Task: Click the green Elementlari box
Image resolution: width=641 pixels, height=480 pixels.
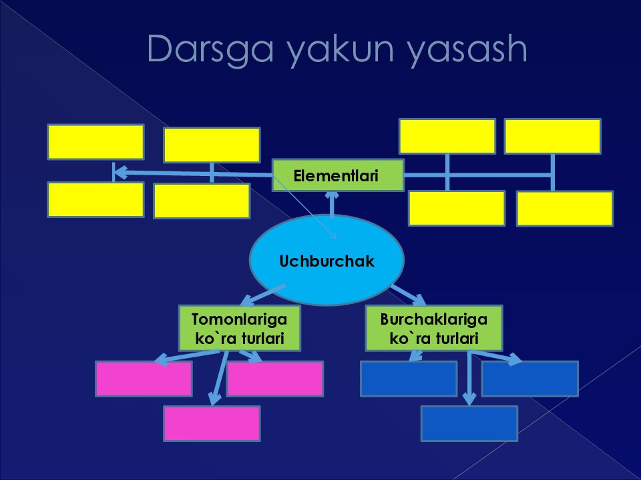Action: (338, 175)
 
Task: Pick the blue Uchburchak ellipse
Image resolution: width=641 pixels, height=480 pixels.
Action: (327, 260)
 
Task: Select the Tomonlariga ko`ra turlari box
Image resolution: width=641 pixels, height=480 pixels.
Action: (239, 328)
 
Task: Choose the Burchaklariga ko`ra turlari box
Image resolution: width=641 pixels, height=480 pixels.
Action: (434, 328)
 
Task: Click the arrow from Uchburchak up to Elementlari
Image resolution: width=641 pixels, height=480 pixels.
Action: (333, 203)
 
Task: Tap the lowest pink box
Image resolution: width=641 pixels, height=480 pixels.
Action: (212, 423)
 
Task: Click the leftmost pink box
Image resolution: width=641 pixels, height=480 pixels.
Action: (144, 379)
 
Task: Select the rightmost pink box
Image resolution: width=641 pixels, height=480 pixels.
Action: (275, 379)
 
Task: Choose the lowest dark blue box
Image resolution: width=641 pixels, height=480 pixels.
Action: (469, 423)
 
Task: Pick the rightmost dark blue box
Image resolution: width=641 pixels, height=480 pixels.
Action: (529, 379)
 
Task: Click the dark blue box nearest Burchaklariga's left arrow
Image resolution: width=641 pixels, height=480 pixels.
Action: (409, 379)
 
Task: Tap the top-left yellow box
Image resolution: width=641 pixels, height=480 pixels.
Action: (95, 141)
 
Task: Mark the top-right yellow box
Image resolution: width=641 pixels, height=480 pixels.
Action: (552, 136)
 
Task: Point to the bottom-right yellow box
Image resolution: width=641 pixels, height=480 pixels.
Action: (564, 209)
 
